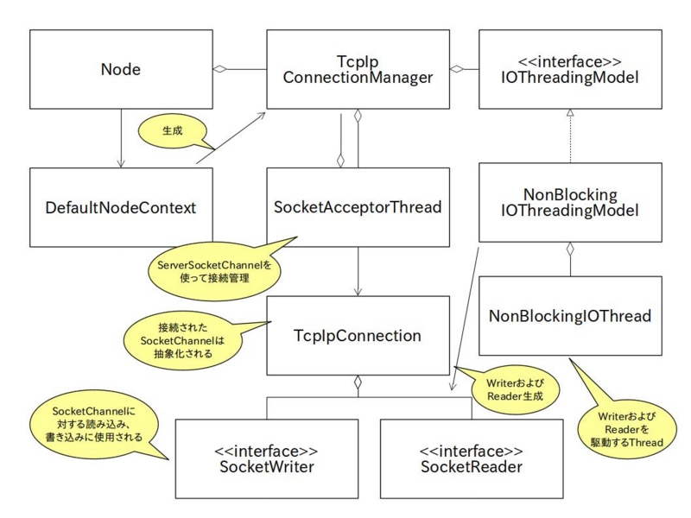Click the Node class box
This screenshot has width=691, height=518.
(121, 69)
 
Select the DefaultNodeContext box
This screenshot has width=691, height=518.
(121, 207)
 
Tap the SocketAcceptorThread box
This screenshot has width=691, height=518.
(358, 207)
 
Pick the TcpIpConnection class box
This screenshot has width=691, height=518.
(358, 336)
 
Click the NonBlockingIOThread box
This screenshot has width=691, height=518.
(570, 316)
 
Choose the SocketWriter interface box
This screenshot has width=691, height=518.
(267, 458)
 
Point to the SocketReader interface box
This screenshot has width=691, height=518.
(472, 458)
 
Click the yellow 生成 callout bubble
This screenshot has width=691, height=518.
(174, 132)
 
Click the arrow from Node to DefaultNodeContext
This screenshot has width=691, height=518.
(121, 138)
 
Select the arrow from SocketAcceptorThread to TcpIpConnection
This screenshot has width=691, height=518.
(358, 271)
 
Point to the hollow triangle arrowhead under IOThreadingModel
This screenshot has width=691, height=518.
(570, 113)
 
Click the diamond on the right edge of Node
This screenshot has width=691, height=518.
(219, 69)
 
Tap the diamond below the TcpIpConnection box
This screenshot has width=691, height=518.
(358, 382)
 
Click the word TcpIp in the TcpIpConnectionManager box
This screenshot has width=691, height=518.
(358, 61)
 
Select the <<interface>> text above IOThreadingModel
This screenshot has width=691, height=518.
(570, 61)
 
